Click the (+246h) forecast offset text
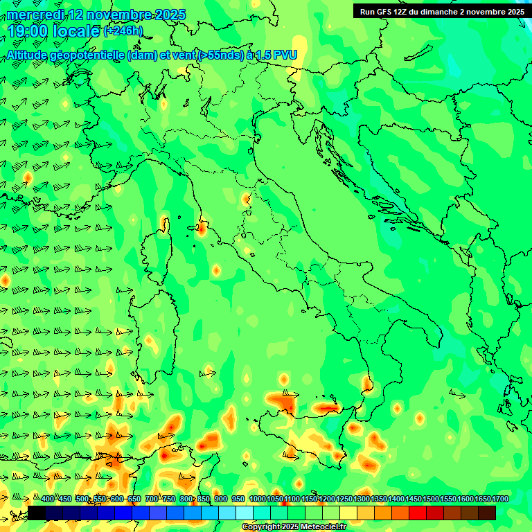pos(123,31)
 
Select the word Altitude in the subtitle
pos(31,55)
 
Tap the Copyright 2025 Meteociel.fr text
pos(294,527)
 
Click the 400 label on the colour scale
pos(48,499)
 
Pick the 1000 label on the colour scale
pos(257,499)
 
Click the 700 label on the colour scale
pos(151,499)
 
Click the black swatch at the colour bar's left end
pos(37,513)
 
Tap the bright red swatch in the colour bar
pos(418,513)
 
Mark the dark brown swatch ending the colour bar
pos(487,513)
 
